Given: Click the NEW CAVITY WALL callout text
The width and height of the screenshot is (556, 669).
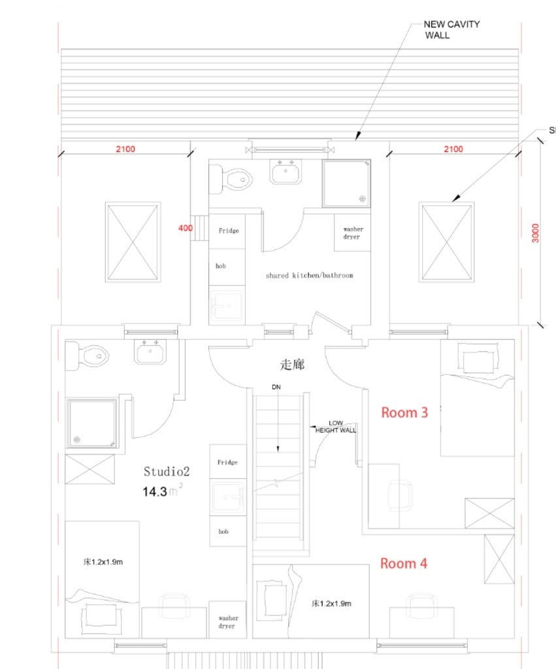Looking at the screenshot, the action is [x=451, y=30].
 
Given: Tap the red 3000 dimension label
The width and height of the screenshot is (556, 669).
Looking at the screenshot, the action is [x=535, y=233].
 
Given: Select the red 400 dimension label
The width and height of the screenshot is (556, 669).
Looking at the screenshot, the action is [x=185, y=228].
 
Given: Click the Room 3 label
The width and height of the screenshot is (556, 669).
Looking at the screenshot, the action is [x=404, y=413].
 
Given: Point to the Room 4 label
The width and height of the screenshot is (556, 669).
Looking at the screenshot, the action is [x=403, y=563].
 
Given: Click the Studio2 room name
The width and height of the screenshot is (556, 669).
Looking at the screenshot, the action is [x=167, y=472].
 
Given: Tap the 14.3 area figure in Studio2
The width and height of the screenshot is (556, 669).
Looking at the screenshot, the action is [x=154, y=491].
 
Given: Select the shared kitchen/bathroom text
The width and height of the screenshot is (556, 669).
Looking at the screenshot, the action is [x=310, y=275].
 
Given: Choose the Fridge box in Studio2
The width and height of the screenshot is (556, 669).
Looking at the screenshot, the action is [x=228, y=462].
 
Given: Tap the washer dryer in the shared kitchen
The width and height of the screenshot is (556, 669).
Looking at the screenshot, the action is [x=352, y=233].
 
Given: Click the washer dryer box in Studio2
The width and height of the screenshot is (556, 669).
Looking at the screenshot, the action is [x=227, y=619].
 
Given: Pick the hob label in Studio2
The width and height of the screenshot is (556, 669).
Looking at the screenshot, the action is [x=223, y=531].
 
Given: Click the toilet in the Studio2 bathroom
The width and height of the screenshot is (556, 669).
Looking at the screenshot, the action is [x=87, y=356].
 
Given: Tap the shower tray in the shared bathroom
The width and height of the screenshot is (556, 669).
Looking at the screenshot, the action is [x=346, y=184].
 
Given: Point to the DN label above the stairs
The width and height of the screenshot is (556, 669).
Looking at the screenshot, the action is [x=276, y=387].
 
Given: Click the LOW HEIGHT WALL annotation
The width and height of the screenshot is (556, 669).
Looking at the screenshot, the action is [x=335, y=427].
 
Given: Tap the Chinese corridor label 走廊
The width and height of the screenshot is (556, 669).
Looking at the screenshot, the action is [x=292, y=365].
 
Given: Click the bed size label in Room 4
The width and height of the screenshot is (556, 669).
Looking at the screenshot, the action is [x=331, y=603].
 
